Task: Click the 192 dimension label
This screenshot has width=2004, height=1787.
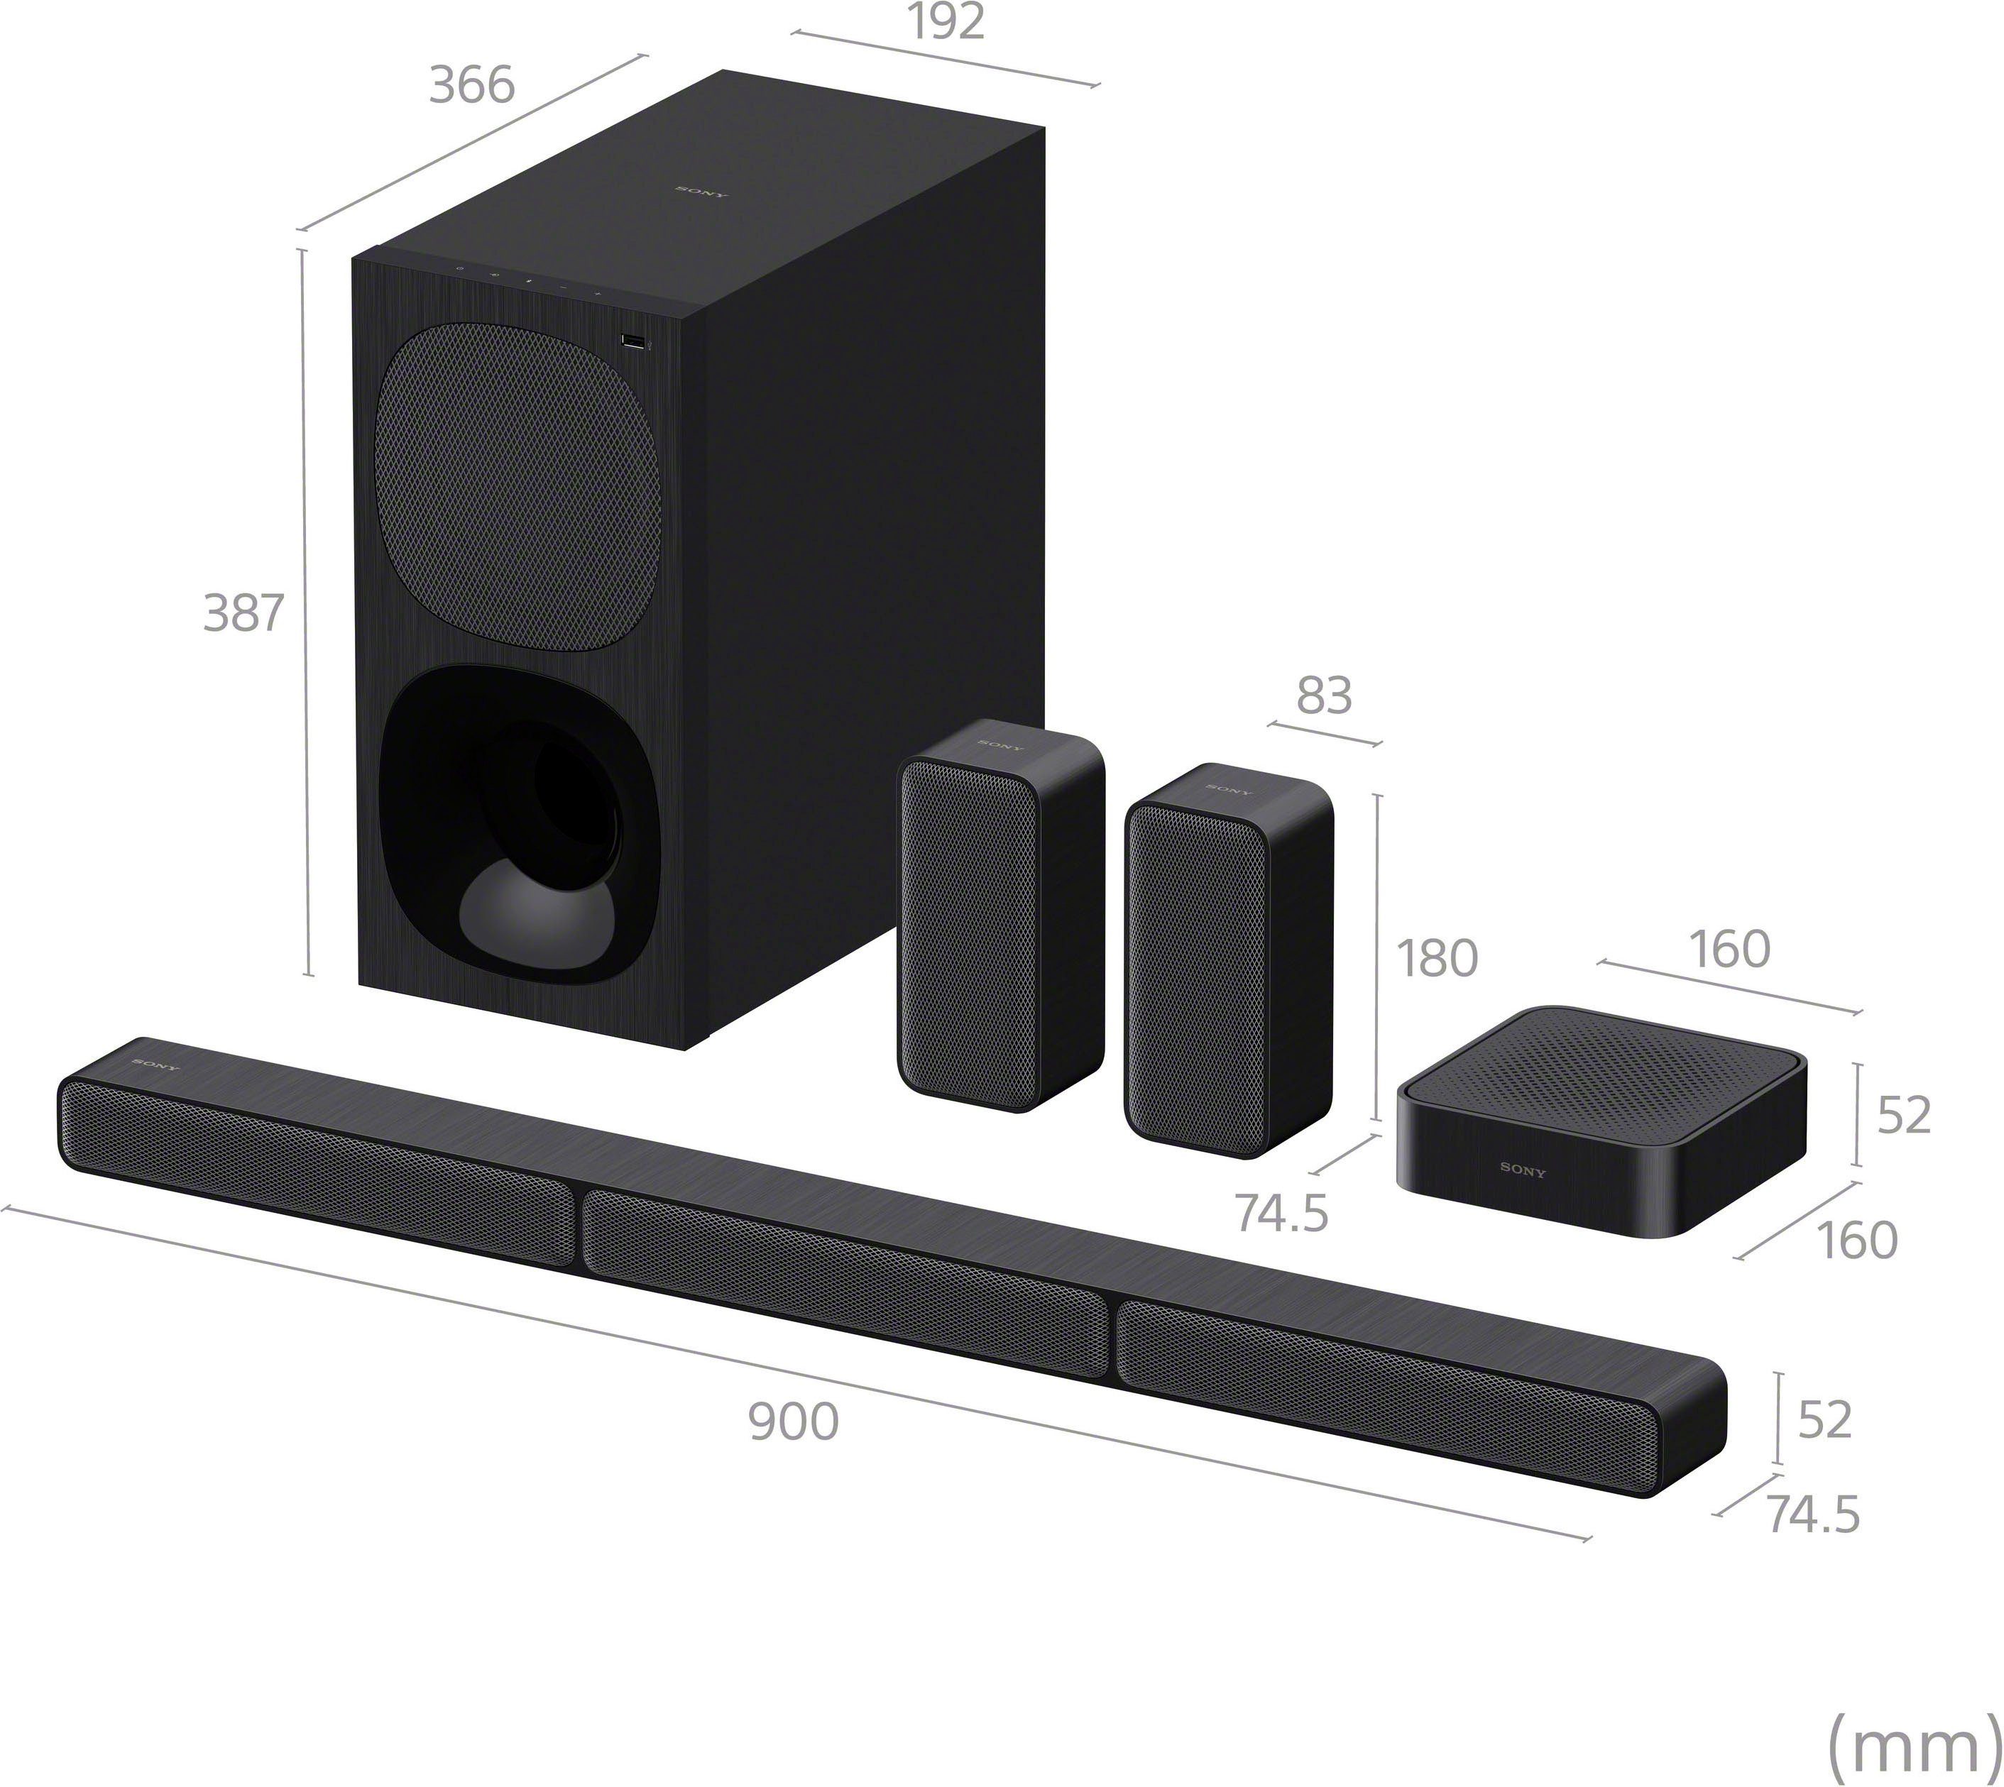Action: pyautogui.click(x=946, y=23)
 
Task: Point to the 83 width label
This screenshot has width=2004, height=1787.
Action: pyautogui.click(x=1323, y=695)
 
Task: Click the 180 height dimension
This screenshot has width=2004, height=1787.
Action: pyautogui.click(x=1437, y=960)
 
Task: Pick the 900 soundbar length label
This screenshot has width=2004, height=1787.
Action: pyautogui.click(x=794, y=1422)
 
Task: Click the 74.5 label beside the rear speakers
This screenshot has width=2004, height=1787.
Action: pyautogui.click(x=1281, y=1214)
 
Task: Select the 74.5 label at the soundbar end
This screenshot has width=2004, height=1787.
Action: pyautogui.click(x=1812, y=1514)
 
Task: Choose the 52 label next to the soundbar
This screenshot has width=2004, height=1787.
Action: pyautogui.click(x=1824, y=1420)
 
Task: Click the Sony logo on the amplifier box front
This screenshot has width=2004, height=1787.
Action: pyautogui.click(x=1522, y=1170)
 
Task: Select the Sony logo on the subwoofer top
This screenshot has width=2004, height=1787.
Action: pyautogui.click(x=701, y=192)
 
